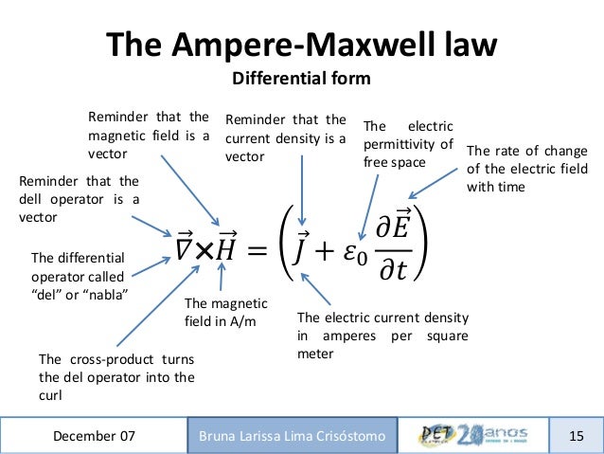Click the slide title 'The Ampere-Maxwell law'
click(301, 45)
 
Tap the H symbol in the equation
click(226, 248)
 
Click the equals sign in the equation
click(257, 250)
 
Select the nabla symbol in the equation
click(185, 248)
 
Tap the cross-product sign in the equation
click(204, 249)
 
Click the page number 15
click(577, 436)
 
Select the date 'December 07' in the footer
click(94, 436)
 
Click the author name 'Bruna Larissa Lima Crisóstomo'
click(293, 436)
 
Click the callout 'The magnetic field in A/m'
click(225, 312)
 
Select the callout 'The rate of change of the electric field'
click(527, 169)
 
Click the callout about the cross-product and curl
click(116, 377)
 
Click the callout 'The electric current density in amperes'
click(384, 336)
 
